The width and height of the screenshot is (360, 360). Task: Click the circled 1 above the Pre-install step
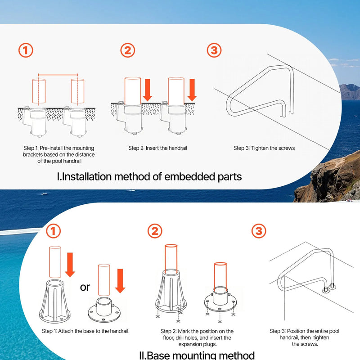tap(26, 50)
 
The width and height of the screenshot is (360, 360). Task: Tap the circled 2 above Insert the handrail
tap(128, 50)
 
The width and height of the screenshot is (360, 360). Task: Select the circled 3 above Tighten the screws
tap(214, 50)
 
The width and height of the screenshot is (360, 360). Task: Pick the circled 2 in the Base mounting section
tap(155, 231)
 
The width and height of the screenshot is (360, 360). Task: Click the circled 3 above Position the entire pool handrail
tap(259, 231)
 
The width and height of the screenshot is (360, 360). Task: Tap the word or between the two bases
tap(85, 287)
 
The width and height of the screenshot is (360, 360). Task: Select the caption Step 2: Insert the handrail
tap(158, 148)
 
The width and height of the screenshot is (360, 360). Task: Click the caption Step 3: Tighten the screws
tap(264, 148)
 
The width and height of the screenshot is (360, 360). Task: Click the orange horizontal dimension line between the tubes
tap(58, 75)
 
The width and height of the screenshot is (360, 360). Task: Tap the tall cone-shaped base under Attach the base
tap(54, 301)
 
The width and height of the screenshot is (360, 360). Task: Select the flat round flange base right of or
tap(104, 310)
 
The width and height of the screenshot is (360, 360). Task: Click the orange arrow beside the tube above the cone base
tap(70, 265)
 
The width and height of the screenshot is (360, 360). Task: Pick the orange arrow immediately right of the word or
tap(120, 281)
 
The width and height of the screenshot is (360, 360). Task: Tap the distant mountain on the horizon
tap(350, 92)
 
